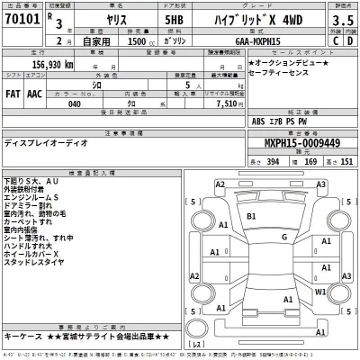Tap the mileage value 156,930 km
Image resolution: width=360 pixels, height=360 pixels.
point(40,65)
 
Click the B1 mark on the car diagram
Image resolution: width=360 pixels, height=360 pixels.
point(251,217)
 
